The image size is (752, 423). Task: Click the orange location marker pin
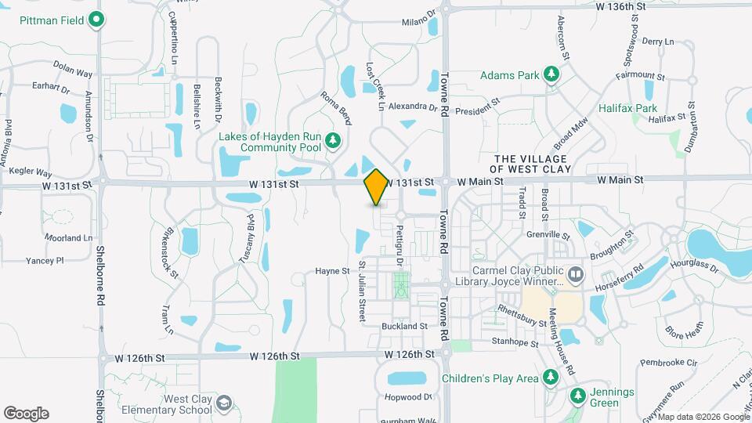pyautogui.click(x=376, y=186)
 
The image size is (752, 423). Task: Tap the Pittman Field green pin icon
pyautogui.click(x=97, y=19)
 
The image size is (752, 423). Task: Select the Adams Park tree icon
pyautogui.click(x=552, y=75)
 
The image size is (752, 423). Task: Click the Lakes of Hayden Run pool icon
pyautogui.click(x=334, y=141)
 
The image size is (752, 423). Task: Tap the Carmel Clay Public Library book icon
pyautogui.click(x=576, y=275)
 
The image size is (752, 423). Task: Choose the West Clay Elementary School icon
pyautogui.click(x=224, y=403)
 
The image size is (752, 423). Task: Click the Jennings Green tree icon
pyautogui.click(x=578, y=395)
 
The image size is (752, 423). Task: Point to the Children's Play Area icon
pyautogui.click(x=551, y=378)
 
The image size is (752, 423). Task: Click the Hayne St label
pyautogui.click(x=332, y=271)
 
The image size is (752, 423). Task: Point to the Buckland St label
pyautogui.click(x=404, y=326)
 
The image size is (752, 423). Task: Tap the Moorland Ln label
pyautogui.click(x=70, y=237)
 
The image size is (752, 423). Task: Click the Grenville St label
pyautogui.click(x=549, y=234)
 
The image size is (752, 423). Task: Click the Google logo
pyautogui.click(x=26, y=414)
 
